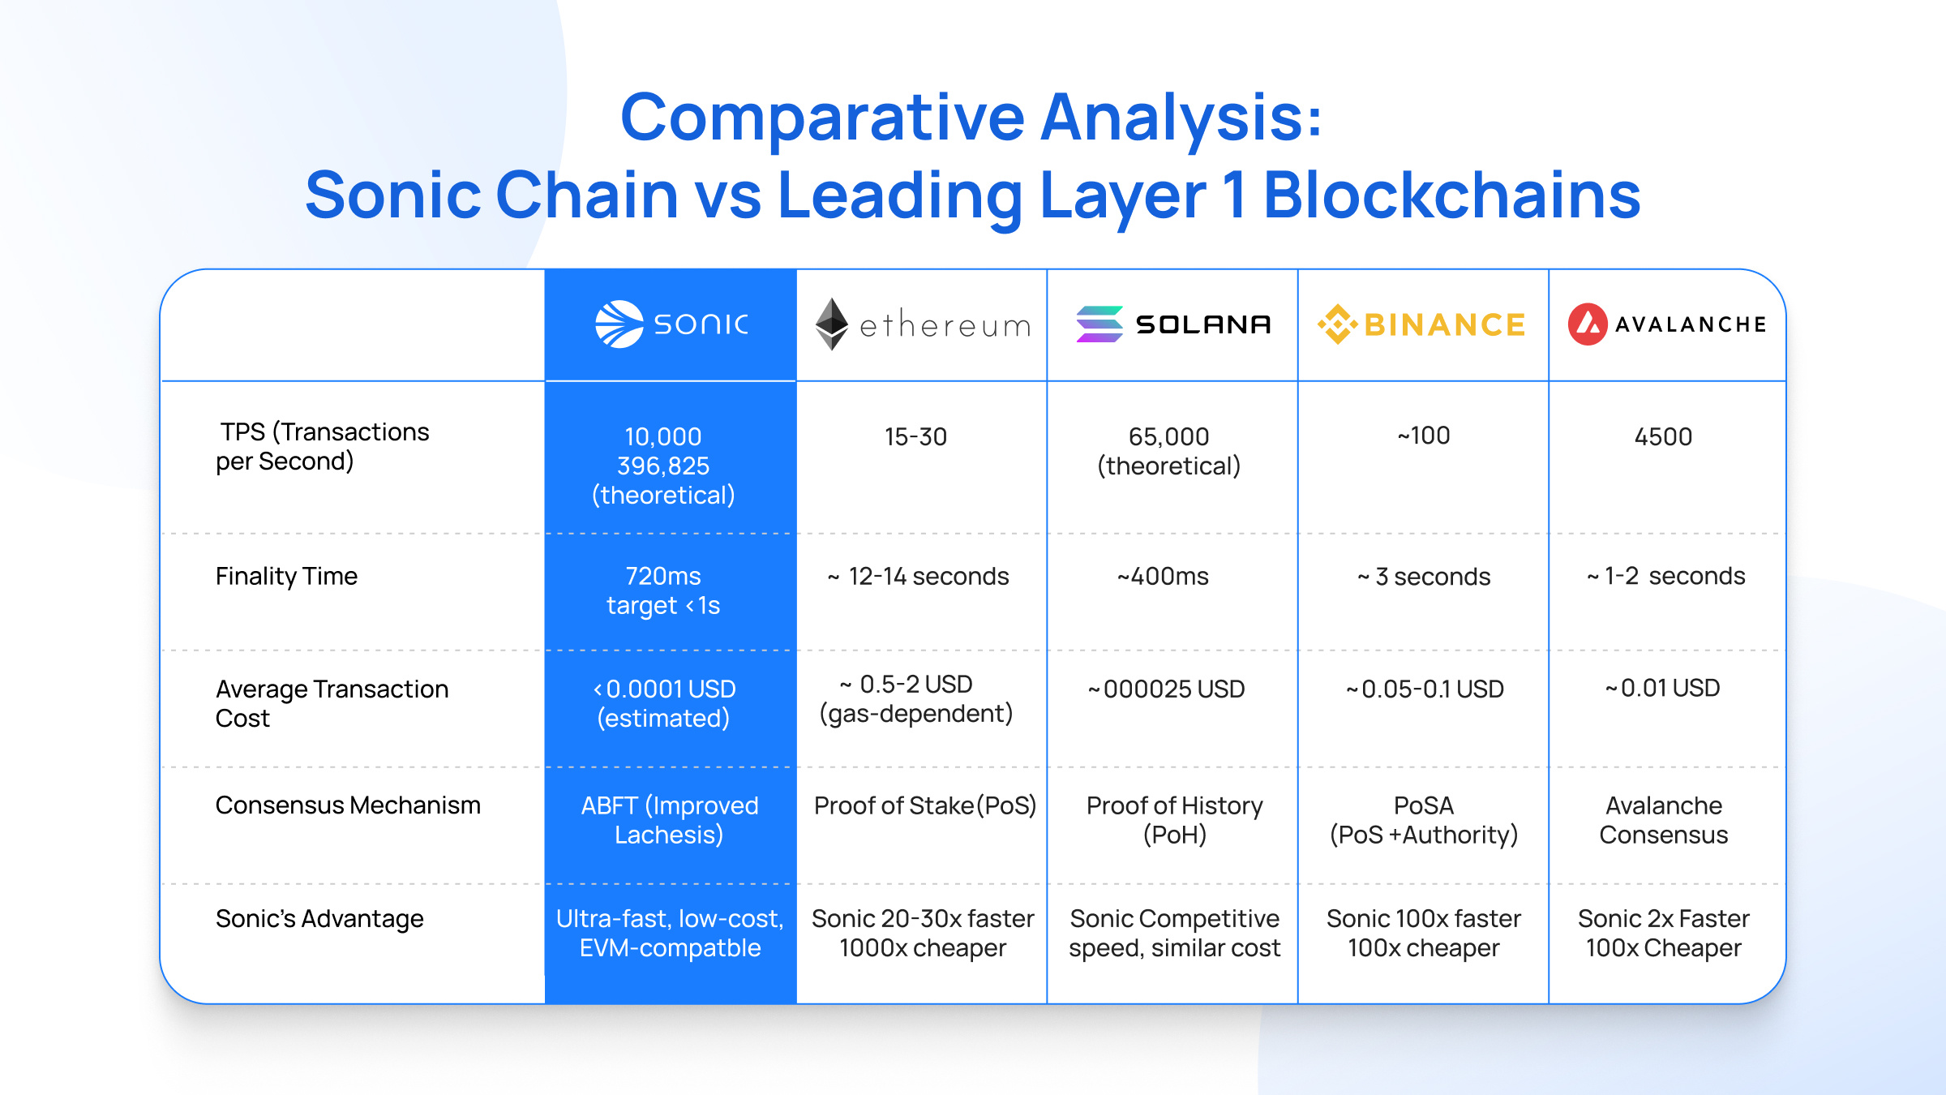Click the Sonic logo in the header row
(x=671, y=324)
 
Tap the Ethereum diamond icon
(x=831, y=324)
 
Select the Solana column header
(x=1172, y=324)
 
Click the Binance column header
(x=1422, y=324)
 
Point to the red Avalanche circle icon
(x=1587, y=324)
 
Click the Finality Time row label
(x=286, y=577)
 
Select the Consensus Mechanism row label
(x=348, y=805)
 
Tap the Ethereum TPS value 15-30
(x=915, y=437)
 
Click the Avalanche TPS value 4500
(x=1663, y=437)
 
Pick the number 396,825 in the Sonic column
(x=663, y=466)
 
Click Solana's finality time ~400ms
(x=1163, y=577)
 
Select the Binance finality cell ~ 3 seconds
(x=1424, y=577)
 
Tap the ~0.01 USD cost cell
(x=1662, y=689)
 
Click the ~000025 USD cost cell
(x=1166, y=689)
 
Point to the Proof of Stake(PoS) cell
(x=924, y=805)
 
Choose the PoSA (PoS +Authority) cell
(x=1424, y=820)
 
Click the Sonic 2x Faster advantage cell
(x=1663, y=933)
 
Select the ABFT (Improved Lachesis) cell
(x=670, y=820)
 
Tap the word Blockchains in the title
(x=1451, y=195)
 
